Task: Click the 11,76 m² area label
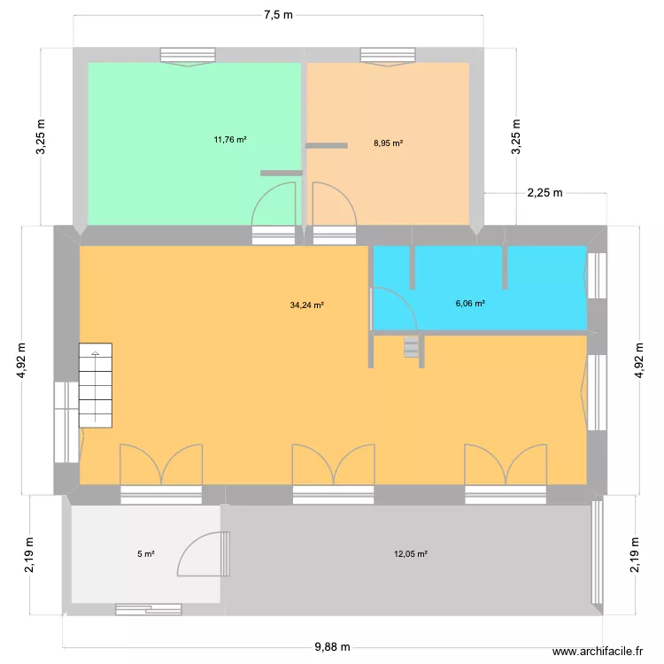[x=229, y=139]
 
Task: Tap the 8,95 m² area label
[x=389, y=143]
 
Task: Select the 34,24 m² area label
[x=306, y=305]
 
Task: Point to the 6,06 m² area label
[x=470, y=304]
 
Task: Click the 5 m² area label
[x=145, y=554]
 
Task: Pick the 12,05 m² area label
[x=411, y=554]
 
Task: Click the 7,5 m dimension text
[x=278, y=13]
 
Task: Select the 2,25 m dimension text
[x=544, y=193]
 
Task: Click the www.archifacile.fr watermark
[x=597, y=651]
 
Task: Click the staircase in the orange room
[x=96, y=385]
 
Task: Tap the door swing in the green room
[x=274, y=204]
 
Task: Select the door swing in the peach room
[x=335, y=204]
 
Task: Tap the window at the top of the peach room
[x=388, y=56]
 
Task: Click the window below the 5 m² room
[x=149, y=609]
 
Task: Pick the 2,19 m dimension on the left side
[x=30, y=554]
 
